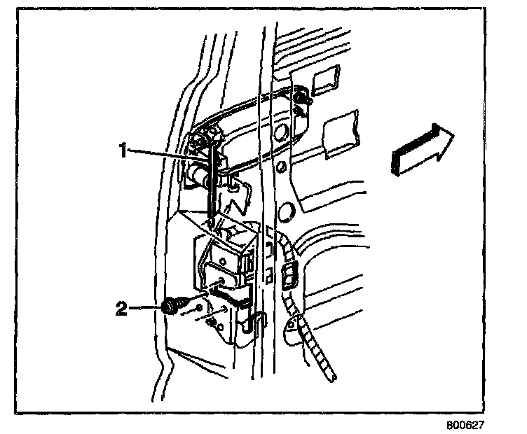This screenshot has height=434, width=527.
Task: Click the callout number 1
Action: click(x=123, y=150)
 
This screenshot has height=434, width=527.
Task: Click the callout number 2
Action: click(x=123, y=308)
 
